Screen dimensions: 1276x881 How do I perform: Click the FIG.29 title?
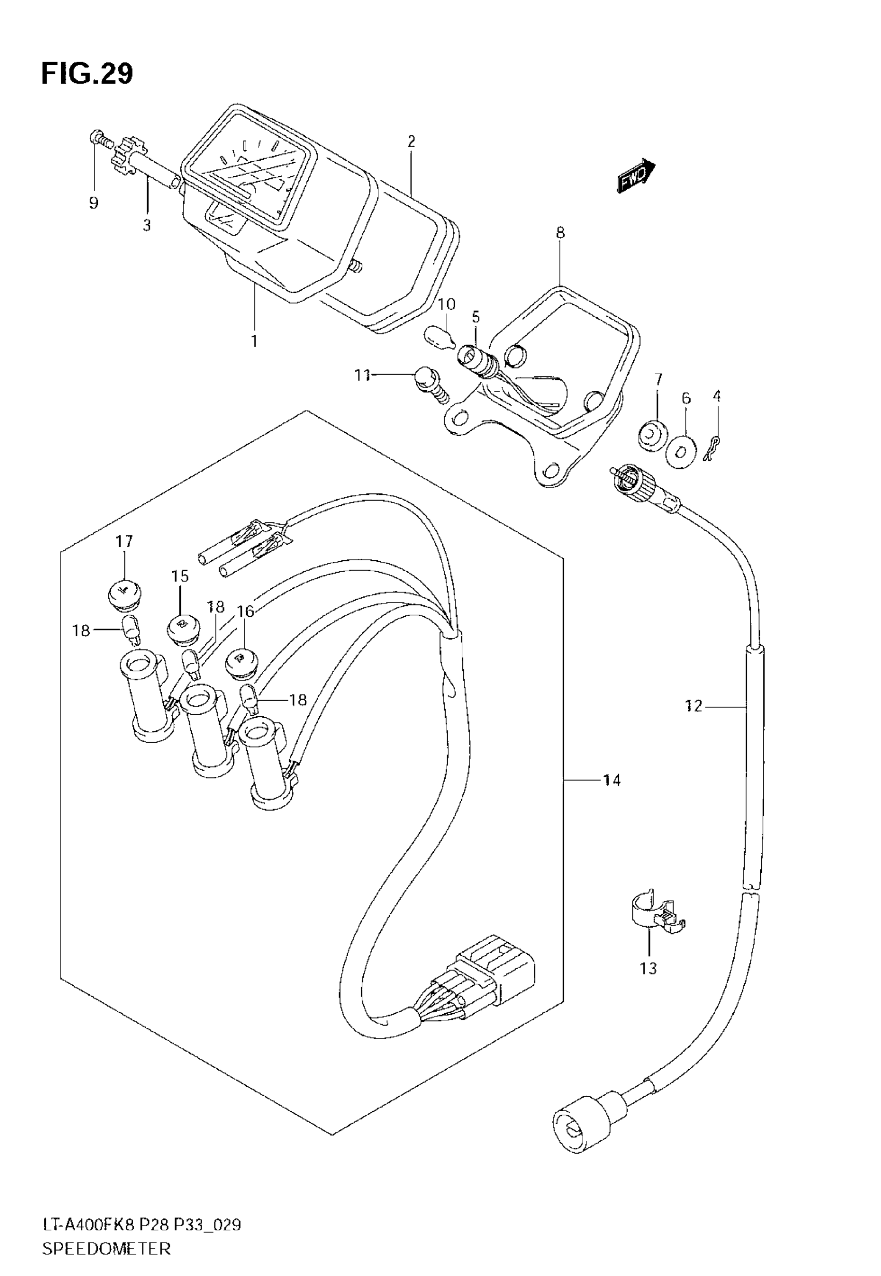[x=87, y=74]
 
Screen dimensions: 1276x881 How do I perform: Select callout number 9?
[x=94, y=203]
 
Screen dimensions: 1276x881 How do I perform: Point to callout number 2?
[x=411, y=141]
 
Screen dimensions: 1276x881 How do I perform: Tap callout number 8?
[x=560, y=232]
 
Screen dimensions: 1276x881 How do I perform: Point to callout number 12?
[x=694, y=706]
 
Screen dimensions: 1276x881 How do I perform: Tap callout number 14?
[x=612, y=780]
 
